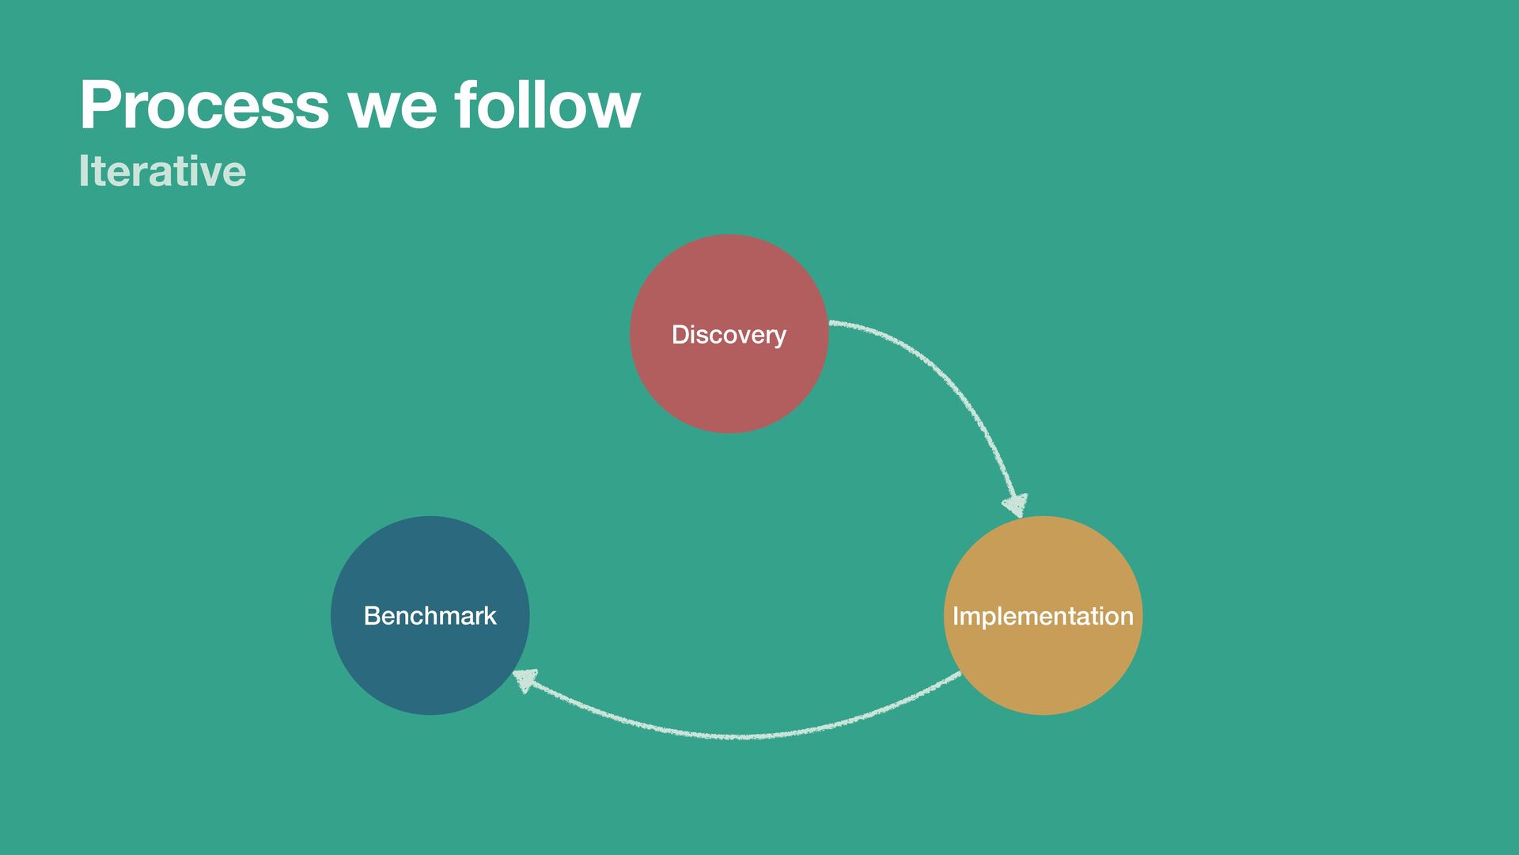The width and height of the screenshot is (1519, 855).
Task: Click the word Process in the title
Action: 204,105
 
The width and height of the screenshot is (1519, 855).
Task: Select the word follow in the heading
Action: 547,105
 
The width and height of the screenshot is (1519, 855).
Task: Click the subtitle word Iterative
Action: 162,171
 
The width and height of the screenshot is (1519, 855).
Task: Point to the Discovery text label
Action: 729,335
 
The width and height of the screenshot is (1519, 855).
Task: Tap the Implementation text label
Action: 1043,616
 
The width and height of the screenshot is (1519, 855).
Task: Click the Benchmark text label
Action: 430,616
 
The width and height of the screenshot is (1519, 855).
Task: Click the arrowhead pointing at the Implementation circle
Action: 1015,505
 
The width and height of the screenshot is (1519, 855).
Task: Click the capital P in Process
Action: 98,105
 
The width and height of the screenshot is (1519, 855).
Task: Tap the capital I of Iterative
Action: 83,171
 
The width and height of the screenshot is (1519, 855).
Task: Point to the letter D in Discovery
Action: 680,335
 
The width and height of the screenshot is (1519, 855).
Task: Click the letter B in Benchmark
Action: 371,616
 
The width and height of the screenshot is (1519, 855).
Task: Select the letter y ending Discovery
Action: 779,337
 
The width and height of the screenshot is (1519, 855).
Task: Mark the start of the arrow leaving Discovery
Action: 832,323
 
